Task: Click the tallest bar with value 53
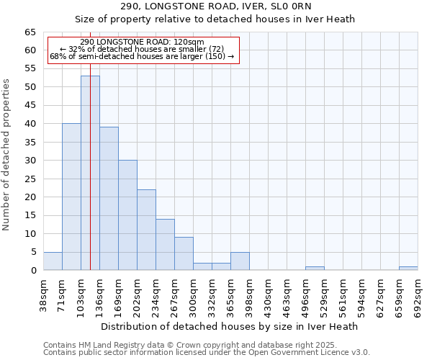pos(90,173)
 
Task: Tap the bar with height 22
pos(146,230)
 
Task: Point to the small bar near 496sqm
pos(315,269)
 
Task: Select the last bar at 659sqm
pos(408,269)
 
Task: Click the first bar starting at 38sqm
pos(53,261)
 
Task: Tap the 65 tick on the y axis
pos(30,32)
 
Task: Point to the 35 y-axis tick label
pos(30,142)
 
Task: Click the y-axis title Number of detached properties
pos(7,155)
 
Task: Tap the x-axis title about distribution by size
pos(230,326)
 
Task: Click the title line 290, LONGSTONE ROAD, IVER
pos(215,6)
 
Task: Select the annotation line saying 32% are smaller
pos(143,49)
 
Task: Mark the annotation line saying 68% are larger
pos(142,56)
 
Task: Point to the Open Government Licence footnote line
pos(207,353)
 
